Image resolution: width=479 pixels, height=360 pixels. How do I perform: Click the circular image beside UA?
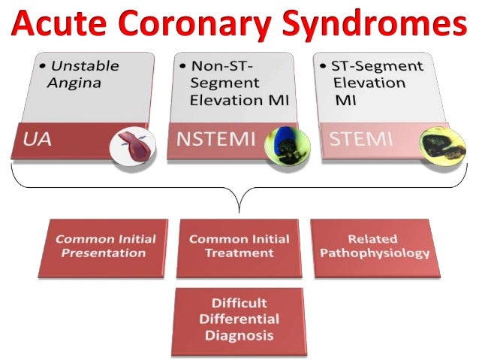pyautogui.click(x=128, y=147)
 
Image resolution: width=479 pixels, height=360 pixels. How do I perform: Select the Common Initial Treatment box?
pyautogui.click(x=239, y=247)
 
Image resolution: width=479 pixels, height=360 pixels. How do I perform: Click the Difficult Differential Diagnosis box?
pyautogui.click(x=239, y=319)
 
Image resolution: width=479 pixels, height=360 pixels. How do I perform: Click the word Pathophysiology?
pyautogui.click(x=375, y=253)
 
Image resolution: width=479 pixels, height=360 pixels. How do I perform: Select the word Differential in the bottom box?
pyautogui.click(x=239, y=319)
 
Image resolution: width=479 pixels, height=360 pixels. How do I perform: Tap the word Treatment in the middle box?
pyautogui.click(x=239, y=253)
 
